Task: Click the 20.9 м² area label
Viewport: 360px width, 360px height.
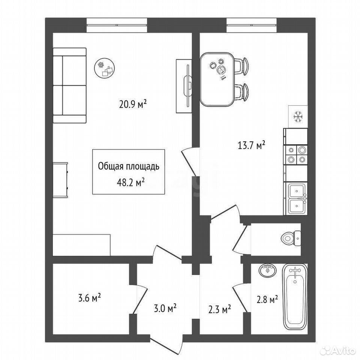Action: (133, 105)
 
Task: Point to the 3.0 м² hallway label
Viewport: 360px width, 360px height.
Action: (165, 308)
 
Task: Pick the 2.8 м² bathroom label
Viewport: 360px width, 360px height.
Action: (267, 299)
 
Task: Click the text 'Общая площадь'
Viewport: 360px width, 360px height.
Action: (129, 166)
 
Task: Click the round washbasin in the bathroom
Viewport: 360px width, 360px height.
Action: (268, 271)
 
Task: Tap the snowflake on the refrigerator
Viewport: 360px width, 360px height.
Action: (298, 117)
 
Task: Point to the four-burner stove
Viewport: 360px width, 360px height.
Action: (296, 155)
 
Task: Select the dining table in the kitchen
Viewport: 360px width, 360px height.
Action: (217, 79)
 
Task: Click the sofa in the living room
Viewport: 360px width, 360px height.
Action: (70, 85)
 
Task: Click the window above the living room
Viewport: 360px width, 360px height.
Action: (117, 25)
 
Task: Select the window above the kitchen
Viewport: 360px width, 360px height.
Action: (252, 25)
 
